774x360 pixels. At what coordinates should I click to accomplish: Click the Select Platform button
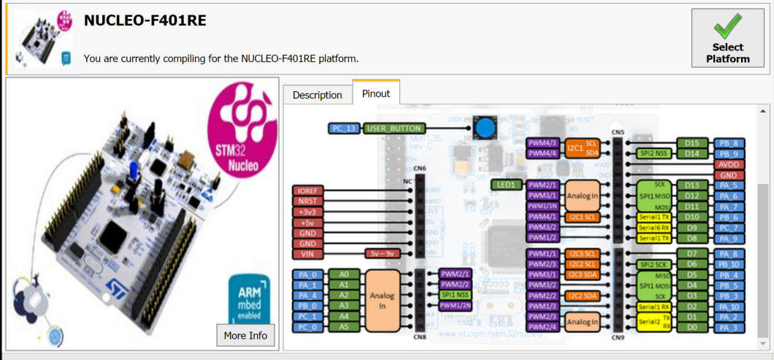[x=727, y=38]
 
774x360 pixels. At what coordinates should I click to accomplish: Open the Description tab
[x=317, y=95]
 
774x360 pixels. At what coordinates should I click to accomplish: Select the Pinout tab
[x=376, y=93]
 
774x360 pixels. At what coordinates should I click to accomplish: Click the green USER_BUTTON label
[x=394, y=129]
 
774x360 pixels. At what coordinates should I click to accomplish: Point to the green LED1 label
[x=506, y=185]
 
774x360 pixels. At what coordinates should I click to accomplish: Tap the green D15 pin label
[x=692, y=143]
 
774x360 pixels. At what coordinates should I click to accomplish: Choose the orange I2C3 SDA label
[x=582, y=275]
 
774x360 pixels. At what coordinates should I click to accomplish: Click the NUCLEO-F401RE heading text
[x=145, y=20]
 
